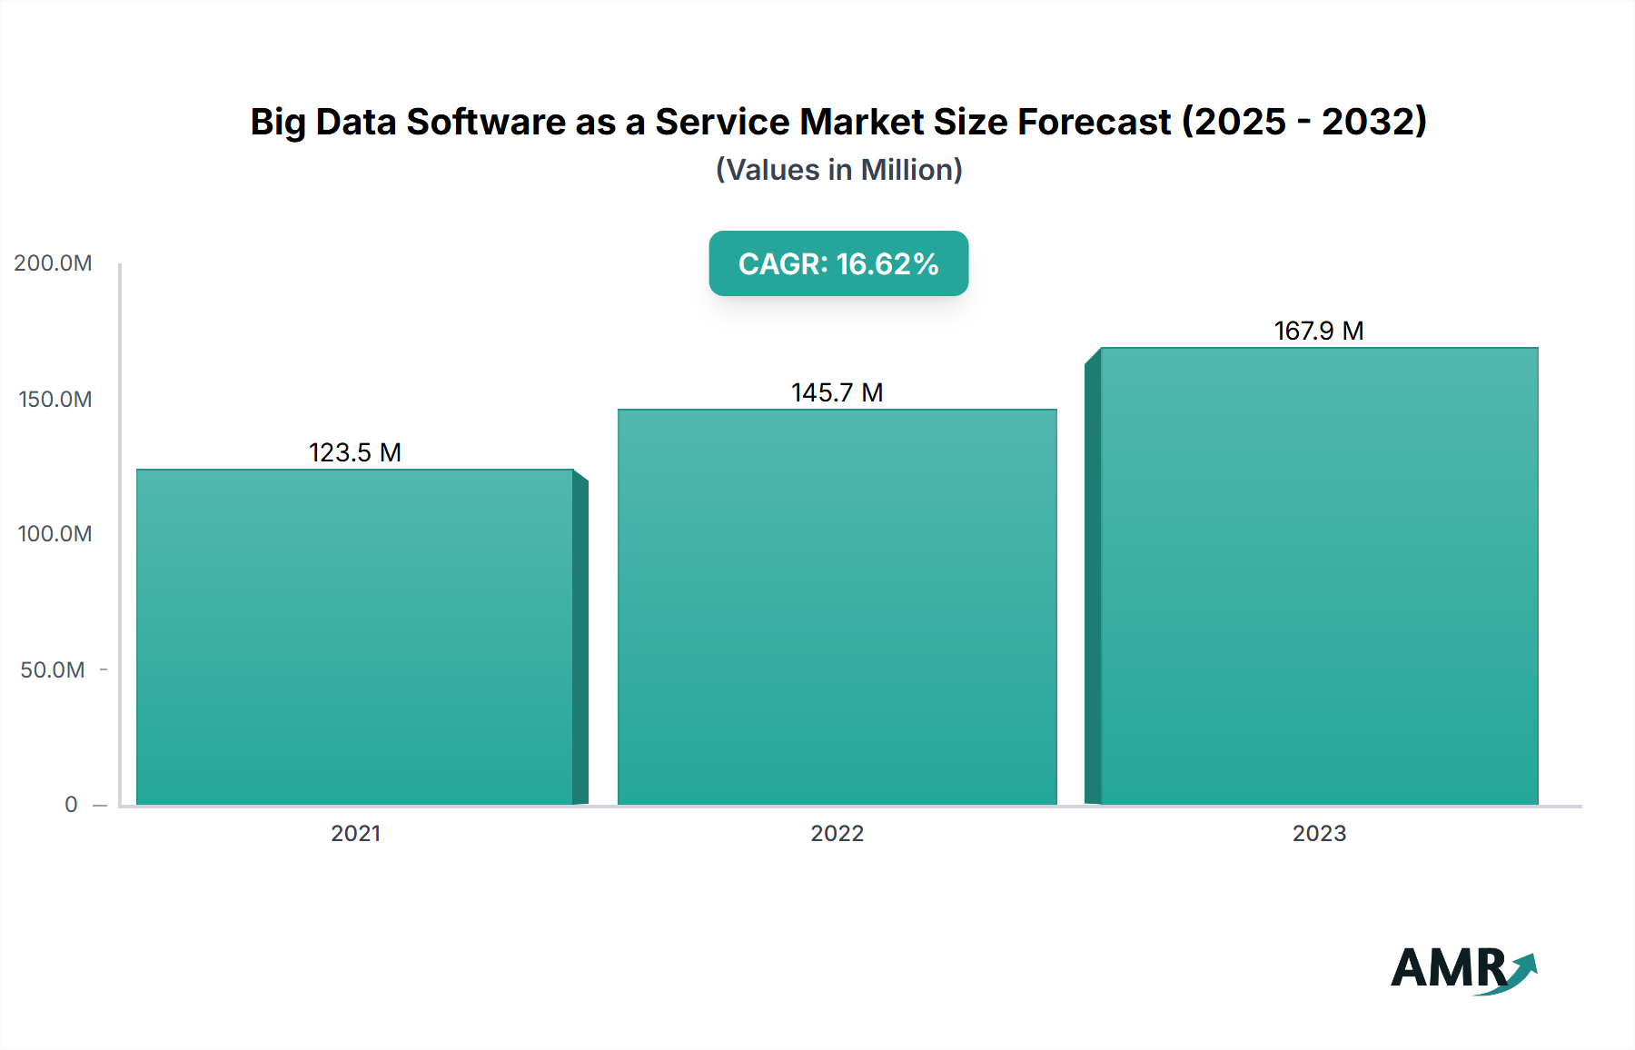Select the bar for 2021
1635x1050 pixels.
(355, 636)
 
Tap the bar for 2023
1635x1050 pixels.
(1319, 576)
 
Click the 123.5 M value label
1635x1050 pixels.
(355, 452)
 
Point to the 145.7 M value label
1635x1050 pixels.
(837, 392)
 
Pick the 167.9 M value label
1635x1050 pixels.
(1319, 331)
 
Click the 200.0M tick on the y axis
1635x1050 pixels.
(53, 263)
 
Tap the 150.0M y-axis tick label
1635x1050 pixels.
(54, 400)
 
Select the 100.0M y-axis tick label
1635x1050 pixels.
(54, 534)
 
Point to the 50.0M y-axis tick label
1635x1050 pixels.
(53, 670)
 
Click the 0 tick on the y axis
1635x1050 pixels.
(71, 805)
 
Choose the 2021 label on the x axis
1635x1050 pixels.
(355, 834)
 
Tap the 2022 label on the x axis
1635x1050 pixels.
(837, 834)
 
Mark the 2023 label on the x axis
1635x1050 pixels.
(1319, 834)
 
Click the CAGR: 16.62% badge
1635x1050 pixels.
(838, 263)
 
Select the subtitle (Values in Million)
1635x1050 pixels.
(838, 170)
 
